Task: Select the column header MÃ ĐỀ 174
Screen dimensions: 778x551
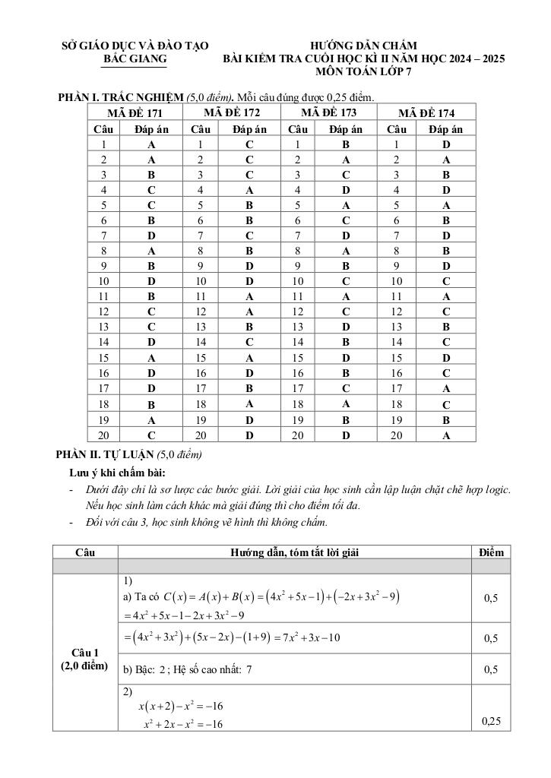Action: pyautogui.click(x=426, y=113)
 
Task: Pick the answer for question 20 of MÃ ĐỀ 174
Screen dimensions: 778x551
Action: pyautogui.click(x=446, y=435)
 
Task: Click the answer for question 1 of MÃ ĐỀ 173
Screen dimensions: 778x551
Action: pyautogui.click(x=346, y=144)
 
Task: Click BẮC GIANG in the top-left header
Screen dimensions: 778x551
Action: pyautogui.click(x=135, y=59)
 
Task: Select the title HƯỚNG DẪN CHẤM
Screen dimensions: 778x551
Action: pyautogui.click(x=364, y=46)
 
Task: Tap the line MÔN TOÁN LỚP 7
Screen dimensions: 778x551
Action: pyautogui.click(x=364, y=72)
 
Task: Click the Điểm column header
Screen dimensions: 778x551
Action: pyautogui.click(x=491, y=552)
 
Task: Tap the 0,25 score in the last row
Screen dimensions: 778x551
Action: pyautogui.click(x=491, y=721)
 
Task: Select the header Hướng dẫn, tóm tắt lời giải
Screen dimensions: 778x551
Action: pyautogui.click(x=294, y=552)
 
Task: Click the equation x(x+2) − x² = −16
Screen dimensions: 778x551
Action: pyautogui.click(x=180, y=707)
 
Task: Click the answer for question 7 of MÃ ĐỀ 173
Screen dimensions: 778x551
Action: pyautogui.click(x=346, y=235)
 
